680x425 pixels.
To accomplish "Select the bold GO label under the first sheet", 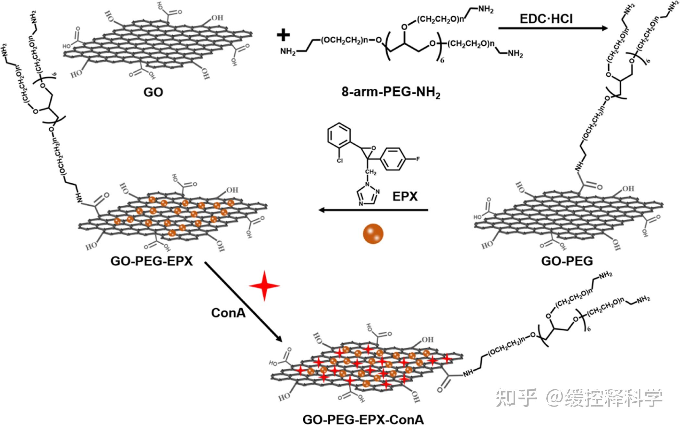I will coord(153,92).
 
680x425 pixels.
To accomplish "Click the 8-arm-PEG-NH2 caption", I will coord(391,93).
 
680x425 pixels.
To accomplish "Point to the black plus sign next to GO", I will coord(283,35).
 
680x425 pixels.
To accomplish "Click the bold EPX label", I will coord(405,196).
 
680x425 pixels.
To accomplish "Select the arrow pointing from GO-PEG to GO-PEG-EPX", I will coord(373,210).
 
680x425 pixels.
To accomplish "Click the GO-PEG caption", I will coord(567,261).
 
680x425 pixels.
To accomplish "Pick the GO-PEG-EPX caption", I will coord(152,261).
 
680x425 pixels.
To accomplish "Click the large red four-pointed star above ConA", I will coord(264,286).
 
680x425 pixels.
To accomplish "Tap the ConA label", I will coord(228,313).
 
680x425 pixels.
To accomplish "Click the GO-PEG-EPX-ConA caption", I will coord(363,419).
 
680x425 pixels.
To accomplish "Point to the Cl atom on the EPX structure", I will coord(339,160).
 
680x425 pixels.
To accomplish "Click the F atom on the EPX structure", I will coord(418,159).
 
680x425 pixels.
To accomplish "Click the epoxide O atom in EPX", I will coord(373,148).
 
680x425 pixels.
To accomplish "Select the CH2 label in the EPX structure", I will coord(371,172).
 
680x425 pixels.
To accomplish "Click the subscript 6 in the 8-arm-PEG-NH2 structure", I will coord(442,60).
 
